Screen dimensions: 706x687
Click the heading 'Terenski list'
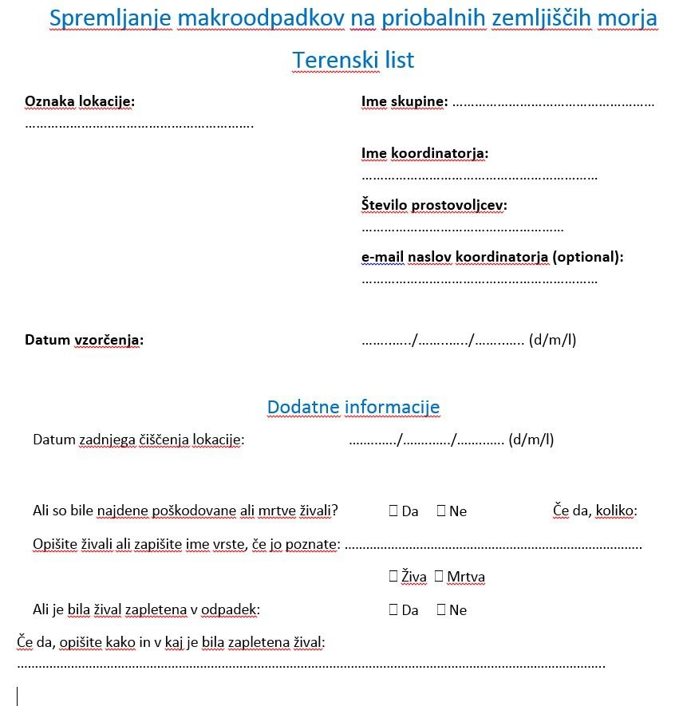point(353,60)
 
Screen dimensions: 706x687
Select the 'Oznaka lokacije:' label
point(80,101)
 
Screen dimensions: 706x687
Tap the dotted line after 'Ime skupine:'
point(553,103)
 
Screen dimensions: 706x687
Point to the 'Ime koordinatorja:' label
point(424,153)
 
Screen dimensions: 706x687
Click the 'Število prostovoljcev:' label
point(434,205)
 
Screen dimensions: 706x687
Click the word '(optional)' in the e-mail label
point(588,257)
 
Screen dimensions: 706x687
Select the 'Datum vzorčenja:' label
point(84,340)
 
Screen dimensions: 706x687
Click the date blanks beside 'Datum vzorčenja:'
point(443,341)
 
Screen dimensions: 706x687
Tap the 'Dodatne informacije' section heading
point(353,407)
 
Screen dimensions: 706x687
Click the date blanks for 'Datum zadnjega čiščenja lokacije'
point(426,440)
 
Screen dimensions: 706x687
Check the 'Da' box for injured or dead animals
point(393,511)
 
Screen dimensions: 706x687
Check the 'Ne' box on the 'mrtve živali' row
point(441,511)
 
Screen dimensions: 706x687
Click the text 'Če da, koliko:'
point(594,511)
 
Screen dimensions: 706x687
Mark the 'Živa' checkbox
point(393,576)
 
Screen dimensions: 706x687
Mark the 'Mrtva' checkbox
point(439,576)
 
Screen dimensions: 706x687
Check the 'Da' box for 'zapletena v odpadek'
point(393,609)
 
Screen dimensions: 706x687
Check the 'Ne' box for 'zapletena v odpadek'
point(441,609)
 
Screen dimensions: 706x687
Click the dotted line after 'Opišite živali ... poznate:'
point(493,546)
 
